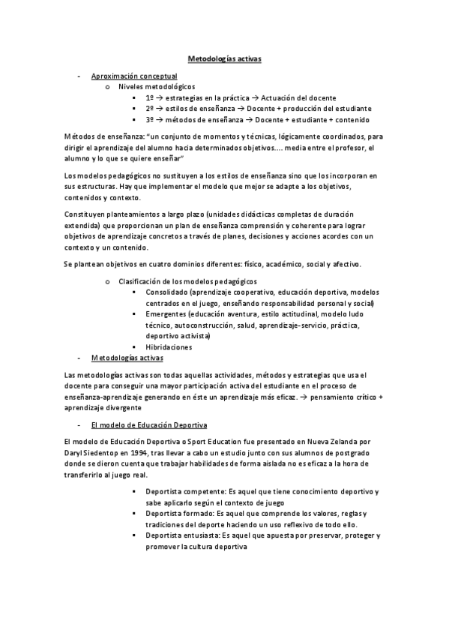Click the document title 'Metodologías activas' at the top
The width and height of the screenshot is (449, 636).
224,58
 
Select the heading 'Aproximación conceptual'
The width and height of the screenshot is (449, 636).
133,76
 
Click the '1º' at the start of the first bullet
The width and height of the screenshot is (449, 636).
150,97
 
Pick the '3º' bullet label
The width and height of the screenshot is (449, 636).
150,119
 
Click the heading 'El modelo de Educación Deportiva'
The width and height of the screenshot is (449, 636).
143,425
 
